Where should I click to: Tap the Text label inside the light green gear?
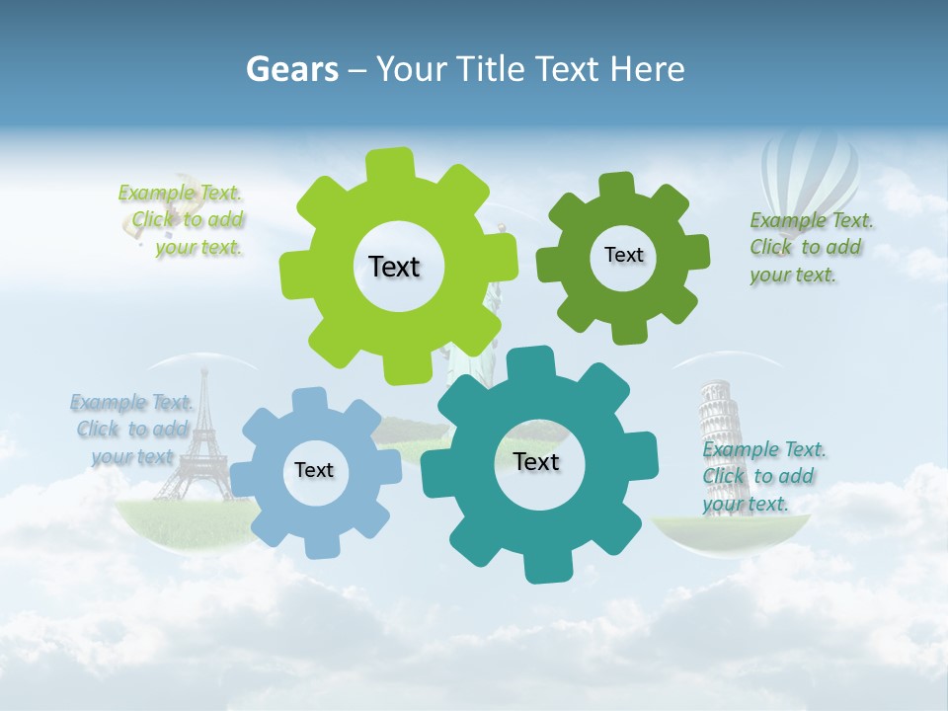(394, 267)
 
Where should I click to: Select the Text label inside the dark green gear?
(623, 255)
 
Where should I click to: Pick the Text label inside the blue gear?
(314, 470)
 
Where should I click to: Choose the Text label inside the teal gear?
(536, 461)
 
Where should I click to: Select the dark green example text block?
(810, 248)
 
